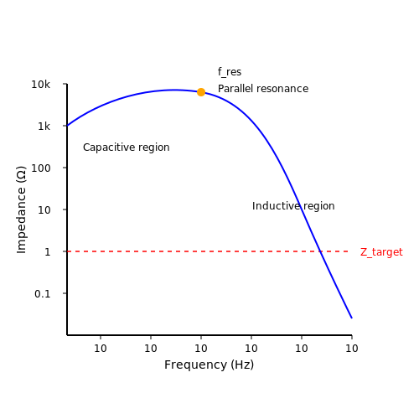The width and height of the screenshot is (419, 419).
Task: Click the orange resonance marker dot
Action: (x=201, y=92)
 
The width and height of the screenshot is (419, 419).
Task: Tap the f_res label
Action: (x=230, y=72)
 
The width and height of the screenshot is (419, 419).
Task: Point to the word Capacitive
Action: (x=105, y=147)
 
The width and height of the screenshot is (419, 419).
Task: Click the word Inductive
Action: (x=277, y=206)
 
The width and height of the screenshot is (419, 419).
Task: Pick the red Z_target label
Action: (x=381, y=252)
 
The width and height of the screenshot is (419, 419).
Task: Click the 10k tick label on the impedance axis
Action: (x=40, y=85)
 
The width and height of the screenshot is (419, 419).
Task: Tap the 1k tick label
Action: (x=44, y=127)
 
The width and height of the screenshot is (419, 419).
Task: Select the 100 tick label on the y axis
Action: (x=41, y=168)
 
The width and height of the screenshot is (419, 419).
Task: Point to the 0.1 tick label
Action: (x=43, y=294)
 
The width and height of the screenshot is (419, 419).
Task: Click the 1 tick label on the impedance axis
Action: (x=48, y=252)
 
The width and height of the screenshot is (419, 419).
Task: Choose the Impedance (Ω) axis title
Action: (x=21, y=209)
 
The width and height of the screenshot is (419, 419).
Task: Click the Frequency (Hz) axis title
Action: (x=209, y=365)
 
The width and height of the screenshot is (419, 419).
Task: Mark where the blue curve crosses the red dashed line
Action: (x=321, y=251)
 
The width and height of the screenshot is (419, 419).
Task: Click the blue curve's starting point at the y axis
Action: (x=67, y=126)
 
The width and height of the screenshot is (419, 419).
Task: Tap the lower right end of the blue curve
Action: (x=352, y=318)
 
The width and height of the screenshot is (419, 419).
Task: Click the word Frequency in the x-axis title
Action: (x=196, y=365)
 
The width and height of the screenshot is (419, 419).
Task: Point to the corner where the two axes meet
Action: (x=67, y=335)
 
